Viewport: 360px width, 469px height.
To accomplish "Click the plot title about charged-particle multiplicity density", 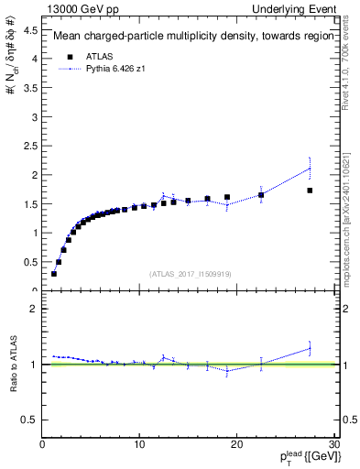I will click(x=191, y=37).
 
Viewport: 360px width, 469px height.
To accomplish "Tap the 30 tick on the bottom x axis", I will click(x=333, y=446).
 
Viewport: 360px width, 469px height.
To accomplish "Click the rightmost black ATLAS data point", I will click(x=310, y=191).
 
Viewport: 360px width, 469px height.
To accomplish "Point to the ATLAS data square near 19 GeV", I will click(x=227, y=197).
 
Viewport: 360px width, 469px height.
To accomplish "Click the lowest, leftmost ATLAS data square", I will click(x=54, y=273).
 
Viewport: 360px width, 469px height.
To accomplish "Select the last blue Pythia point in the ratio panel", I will click(x=310, y=348).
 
